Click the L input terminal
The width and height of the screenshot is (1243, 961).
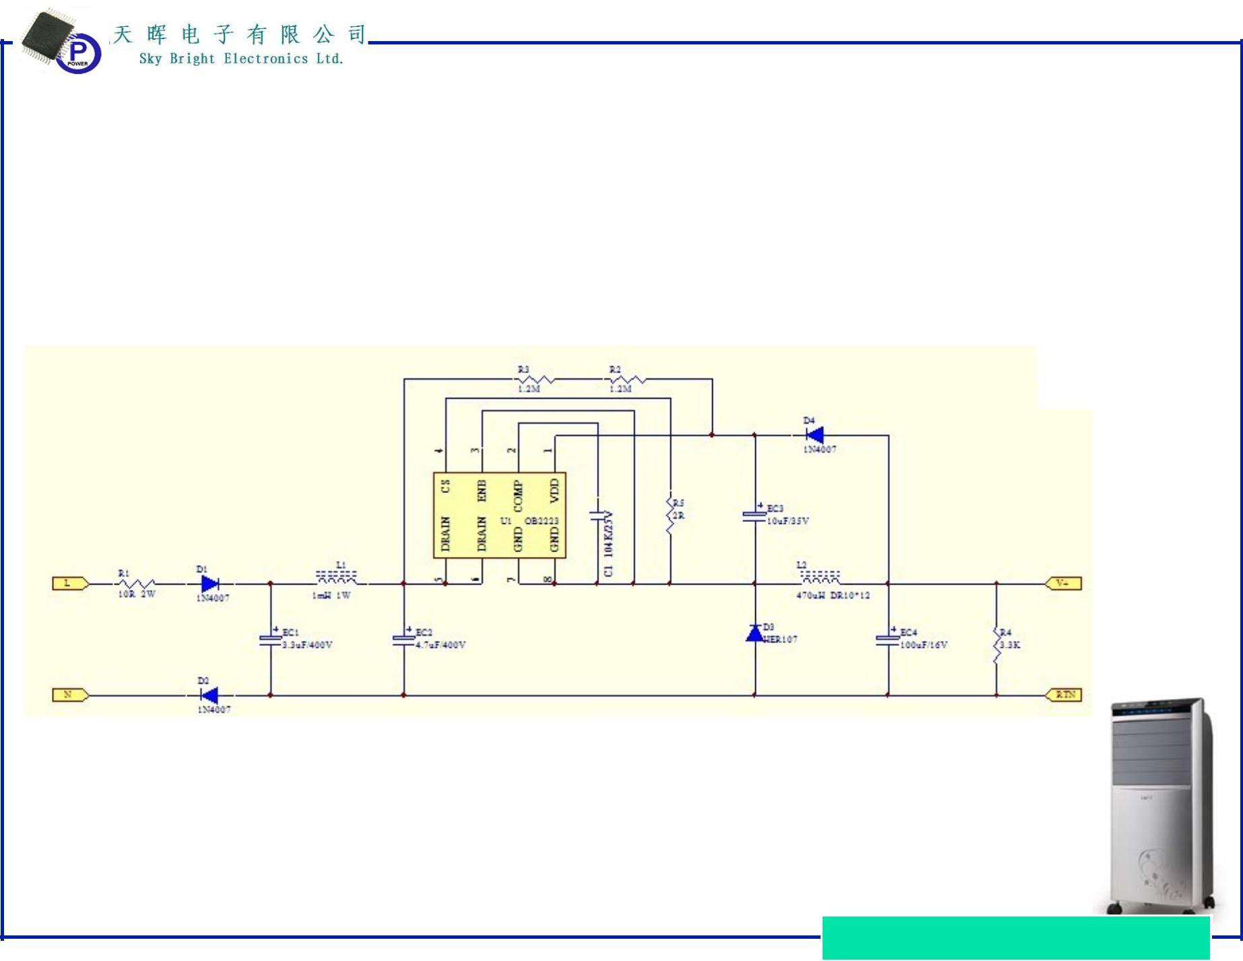[70, 583]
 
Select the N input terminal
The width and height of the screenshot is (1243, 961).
[70, 694]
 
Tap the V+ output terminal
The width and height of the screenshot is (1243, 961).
[1063, 583]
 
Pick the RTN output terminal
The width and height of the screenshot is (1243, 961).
[1063, 694]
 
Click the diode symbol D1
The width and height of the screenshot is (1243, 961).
[210, 584]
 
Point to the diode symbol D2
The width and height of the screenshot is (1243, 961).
[210, 695]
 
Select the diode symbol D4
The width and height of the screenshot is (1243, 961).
[814, 435]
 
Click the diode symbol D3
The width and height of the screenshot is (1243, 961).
[755, 634]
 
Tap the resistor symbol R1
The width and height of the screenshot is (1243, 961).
[137, 584]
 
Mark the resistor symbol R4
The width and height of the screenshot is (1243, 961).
[996, 645]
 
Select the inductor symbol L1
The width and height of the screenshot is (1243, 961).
[337, 578]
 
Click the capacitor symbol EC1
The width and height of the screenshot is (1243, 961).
[270, 639]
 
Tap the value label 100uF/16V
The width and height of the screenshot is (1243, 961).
[924, 645]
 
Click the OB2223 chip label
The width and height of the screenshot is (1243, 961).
[542, 521]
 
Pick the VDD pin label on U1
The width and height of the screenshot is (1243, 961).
[554, 490]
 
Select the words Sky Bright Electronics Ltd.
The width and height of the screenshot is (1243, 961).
[241, 59]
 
